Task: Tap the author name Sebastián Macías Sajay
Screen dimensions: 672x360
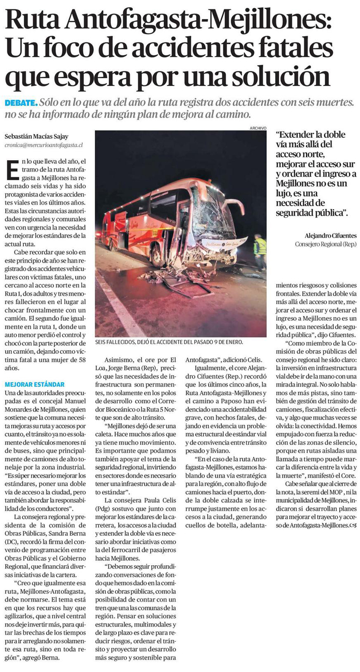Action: coord(36,137)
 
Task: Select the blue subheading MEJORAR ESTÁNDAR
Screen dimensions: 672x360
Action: coord(34,384)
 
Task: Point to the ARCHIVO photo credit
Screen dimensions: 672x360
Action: coord(257,127)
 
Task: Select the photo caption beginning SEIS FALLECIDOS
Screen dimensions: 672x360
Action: coord(168,343)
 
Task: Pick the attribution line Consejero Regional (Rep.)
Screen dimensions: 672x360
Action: coord(323,244)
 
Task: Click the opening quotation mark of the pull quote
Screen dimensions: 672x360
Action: coord(278,133)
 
